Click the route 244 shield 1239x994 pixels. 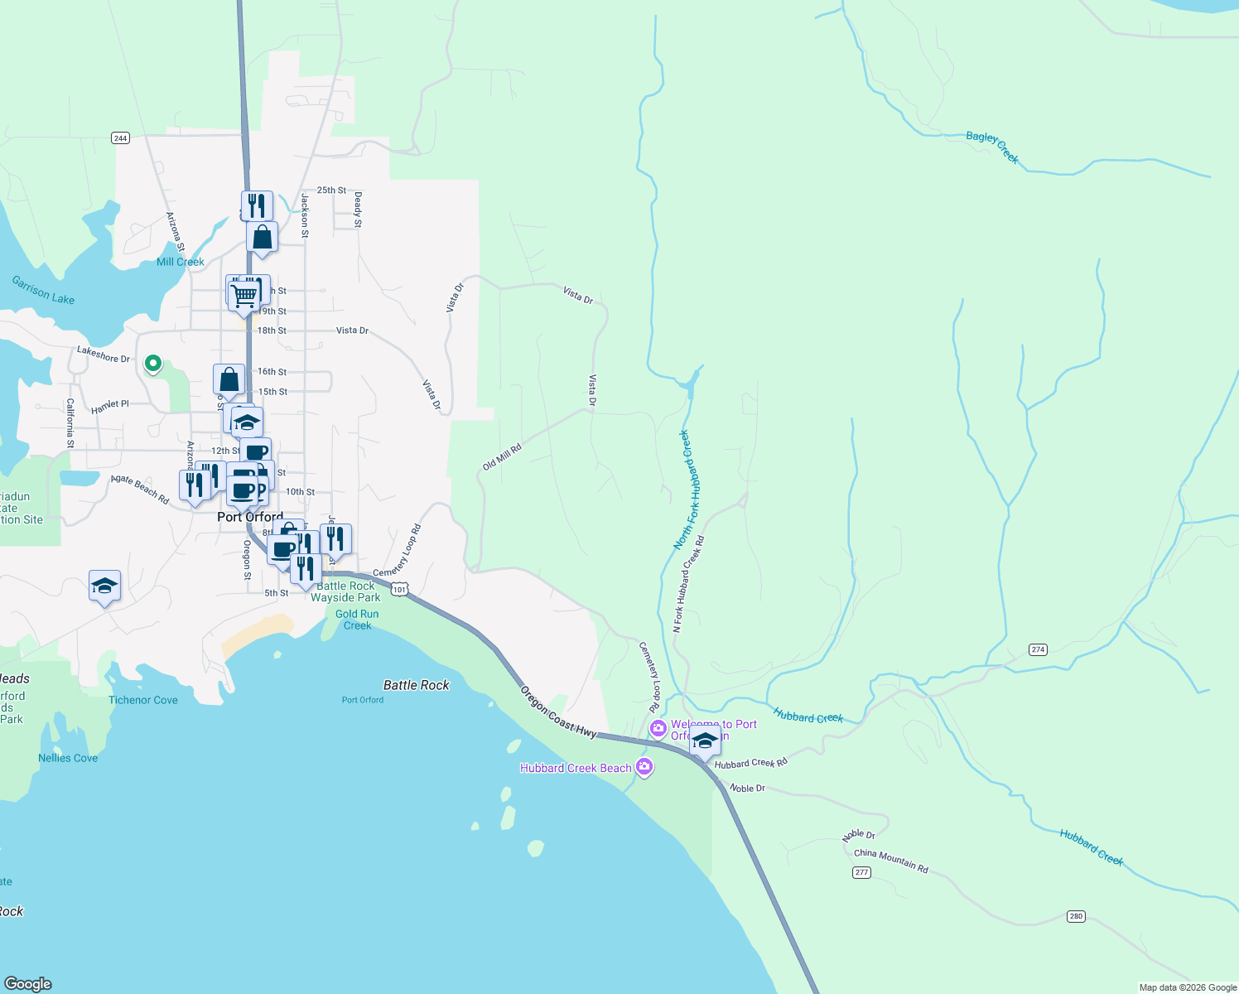click(120, 138)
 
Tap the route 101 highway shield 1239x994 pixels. click(400, 589)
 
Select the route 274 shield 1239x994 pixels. click(1038, 649)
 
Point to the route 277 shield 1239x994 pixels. click(861, 872)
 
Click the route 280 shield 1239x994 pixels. click(1076, 916)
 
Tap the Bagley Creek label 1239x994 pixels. click(992, 147)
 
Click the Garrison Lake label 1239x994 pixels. click(43, 290)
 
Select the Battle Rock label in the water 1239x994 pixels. click(416, 685)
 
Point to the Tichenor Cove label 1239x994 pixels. click(143, 700)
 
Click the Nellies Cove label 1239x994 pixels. click(68, 758)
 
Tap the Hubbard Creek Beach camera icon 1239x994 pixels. click(645, 768)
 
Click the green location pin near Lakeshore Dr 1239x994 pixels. click(153, 363)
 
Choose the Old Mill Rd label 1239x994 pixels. click(502, 456)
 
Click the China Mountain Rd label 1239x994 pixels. click(891, 861)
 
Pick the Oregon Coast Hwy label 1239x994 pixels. click(558, 711)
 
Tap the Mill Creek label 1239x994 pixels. click(181, 262)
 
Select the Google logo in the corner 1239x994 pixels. click(28, 983)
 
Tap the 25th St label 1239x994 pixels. click(331, 190)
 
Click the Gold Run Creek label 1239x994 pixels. click(358, 620)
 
